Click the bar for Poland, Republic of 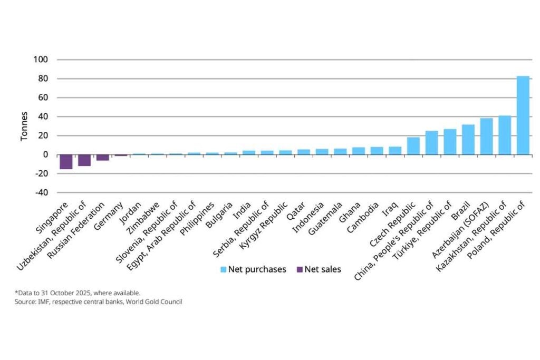pyautogui.click(x=523, y=115)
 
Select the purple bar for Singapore pyautogui.click(x=66, y=162)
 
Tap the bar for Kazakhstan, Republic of pyautogui.click(x=505, y=135)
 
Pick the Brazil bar pyautogui.click(x=468, y=140)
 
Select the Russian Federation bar pyautogui.click(x=102, y=158)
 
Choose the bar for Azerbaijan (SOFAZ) pyautogui.click(x=486, y=137)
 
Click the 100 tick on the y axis pyautogui.click(x=42, y=60)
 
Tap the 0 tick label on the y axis pyautogui.click(x=46, y=155)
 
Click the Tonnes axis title pyautogui.click(x=24, y=127)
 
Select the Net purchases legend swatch pyautogui.click(x=224, y=270)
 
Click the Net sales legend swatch pyautogui.click(x=300, y=270)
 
